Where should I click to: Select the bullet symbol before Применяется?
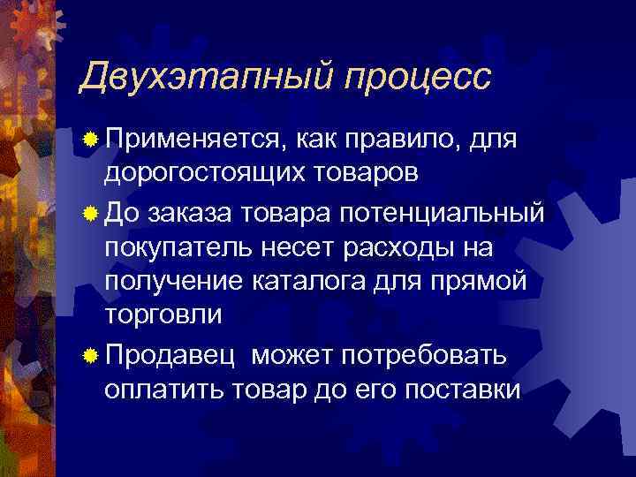click(x=90, y=140)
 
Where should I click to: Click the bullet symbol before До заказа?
click(x=90, y=212)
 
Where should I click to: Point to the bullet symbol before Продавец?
click(x=90, y=356)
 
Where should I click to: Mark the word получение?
click(x=172, y=283)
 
